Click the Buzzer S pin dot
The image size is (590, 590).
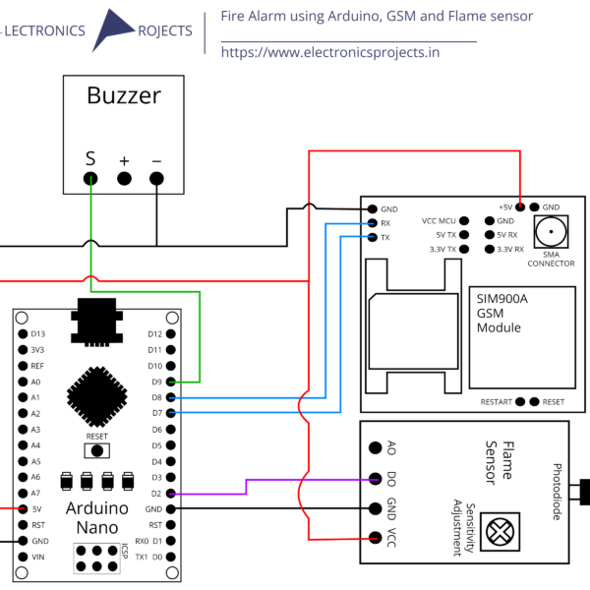pyautogui.click(x=90, y=178)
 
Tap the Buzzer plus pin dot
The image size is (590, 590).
pyautogui.click(x=124, y=178)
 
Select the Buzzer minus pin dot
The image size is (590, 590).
pyautogui.click(x=156, y=178)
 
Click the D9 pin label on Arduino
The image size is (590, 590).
pyautogui.click(x=154, y=382)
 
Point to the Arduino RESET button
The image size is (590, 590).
pyautogui.click(x=97, y=449)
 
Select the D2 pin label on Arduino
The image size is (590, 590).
pyautogui.click(x=154, y=494)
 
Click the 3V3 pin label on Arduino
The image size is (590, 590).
pyautogui.click(x=36, y=349)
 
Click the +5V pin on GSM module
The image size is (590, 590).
pyautogui.click(x=520, y=207)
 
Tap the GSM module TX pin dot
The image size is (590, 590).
pyautogui.click(x=373, y=238)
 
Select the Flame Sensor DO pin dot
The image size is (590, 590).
pyautogui.click(x=375, y=480)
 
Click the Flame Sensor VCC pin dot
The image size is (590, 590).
pyautogui.click(x=375, y=537)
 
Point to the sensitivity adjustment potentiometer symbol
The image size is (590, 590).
pyautogui.click(x=501, y=530)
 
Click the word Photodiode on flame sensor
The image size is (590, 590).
pyautogui.click(x=558, y=493)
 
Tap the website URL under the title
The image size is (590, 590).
pyautogui.click(x=330, y=52)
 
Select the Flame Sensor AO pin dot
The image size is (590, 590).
pyautogui.click(x=375, y=447)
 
